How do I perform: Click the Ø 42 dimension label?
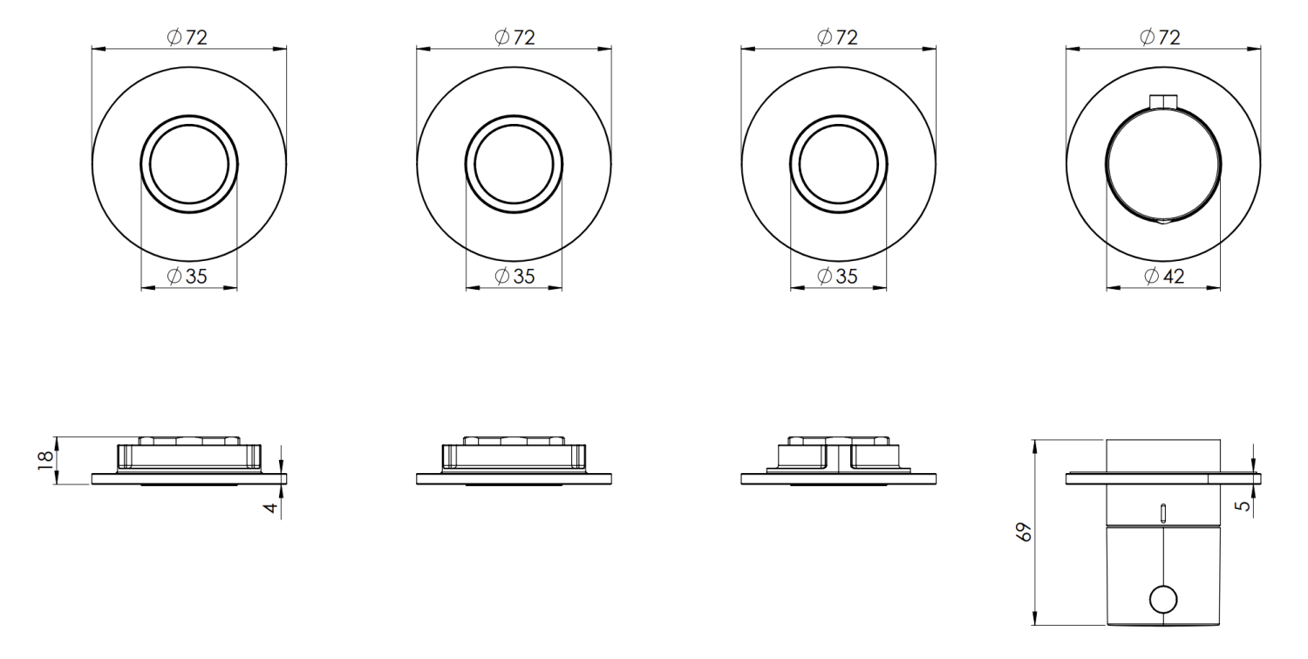tap(1164, 276)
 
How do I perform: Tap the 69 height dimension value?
tap(1025, 532)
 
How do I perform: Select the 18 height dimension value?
tap(45, 461)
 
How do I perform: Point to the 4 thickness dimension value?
tap(271, 507)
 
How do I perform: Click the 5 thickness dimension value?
tap(1243, 505)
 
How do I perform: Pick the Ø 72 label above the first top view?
tap(187, 38)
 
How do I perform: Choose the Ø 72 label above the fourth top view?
tap(1161, 38)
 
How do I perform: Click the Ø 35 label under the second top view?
tap(514, 276)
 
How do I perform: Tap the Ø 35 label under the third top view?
tap(837, 276)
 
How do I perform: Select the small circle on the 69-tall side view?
tap(1163, 600)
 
